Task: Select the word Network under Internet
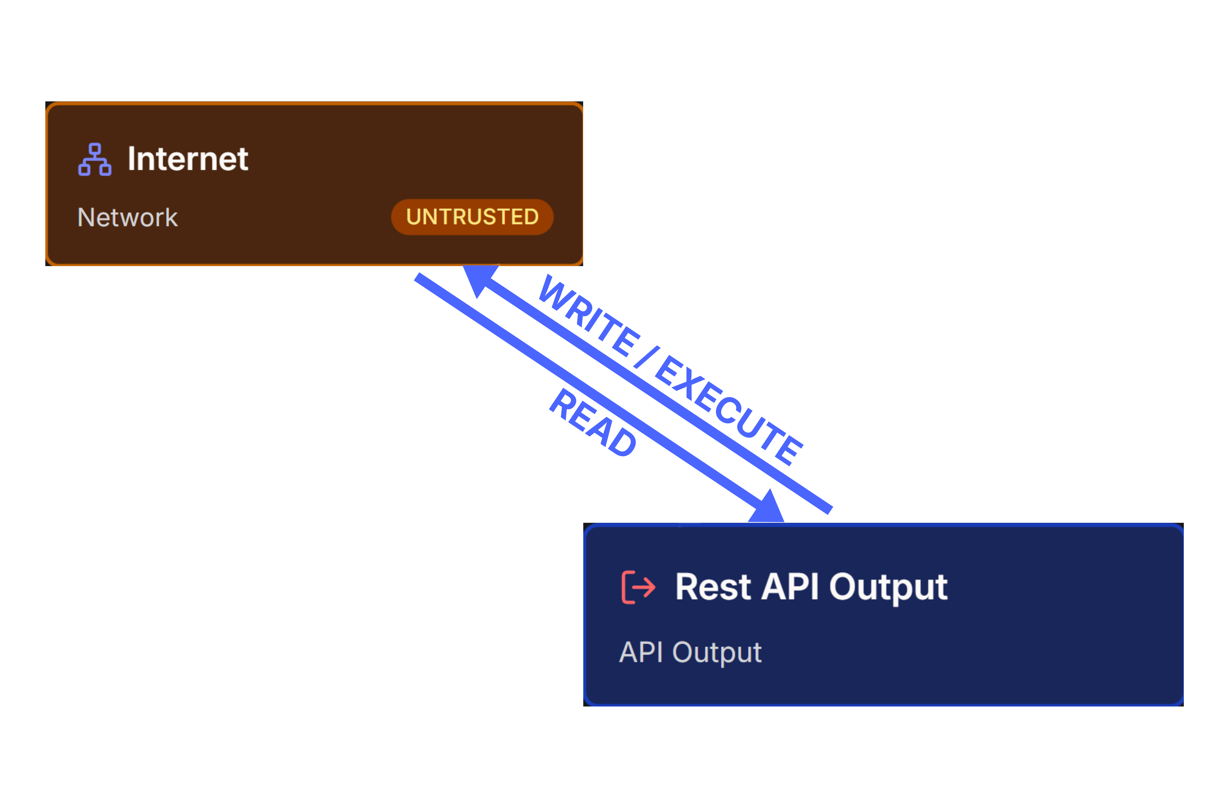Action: click(127, 217)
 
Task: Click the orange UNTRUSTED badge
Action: click(472, 217)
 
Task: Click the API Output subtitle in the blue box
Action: click(690, 652)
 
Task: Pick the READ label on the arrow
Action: click(593, 422)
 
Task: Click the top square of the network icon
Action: click(94, 149)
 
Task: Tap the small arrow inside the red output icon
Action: click(644, 587)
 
